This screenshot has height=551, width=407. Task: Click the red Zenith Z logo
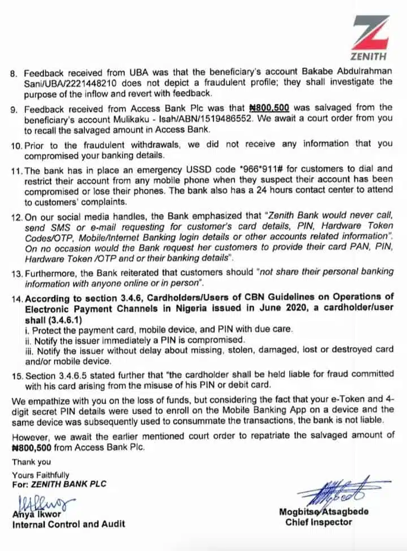371,32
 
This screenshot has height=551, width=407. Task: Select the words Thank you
31,462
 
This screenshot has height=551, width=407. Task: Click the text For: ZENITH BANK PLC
59,484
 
